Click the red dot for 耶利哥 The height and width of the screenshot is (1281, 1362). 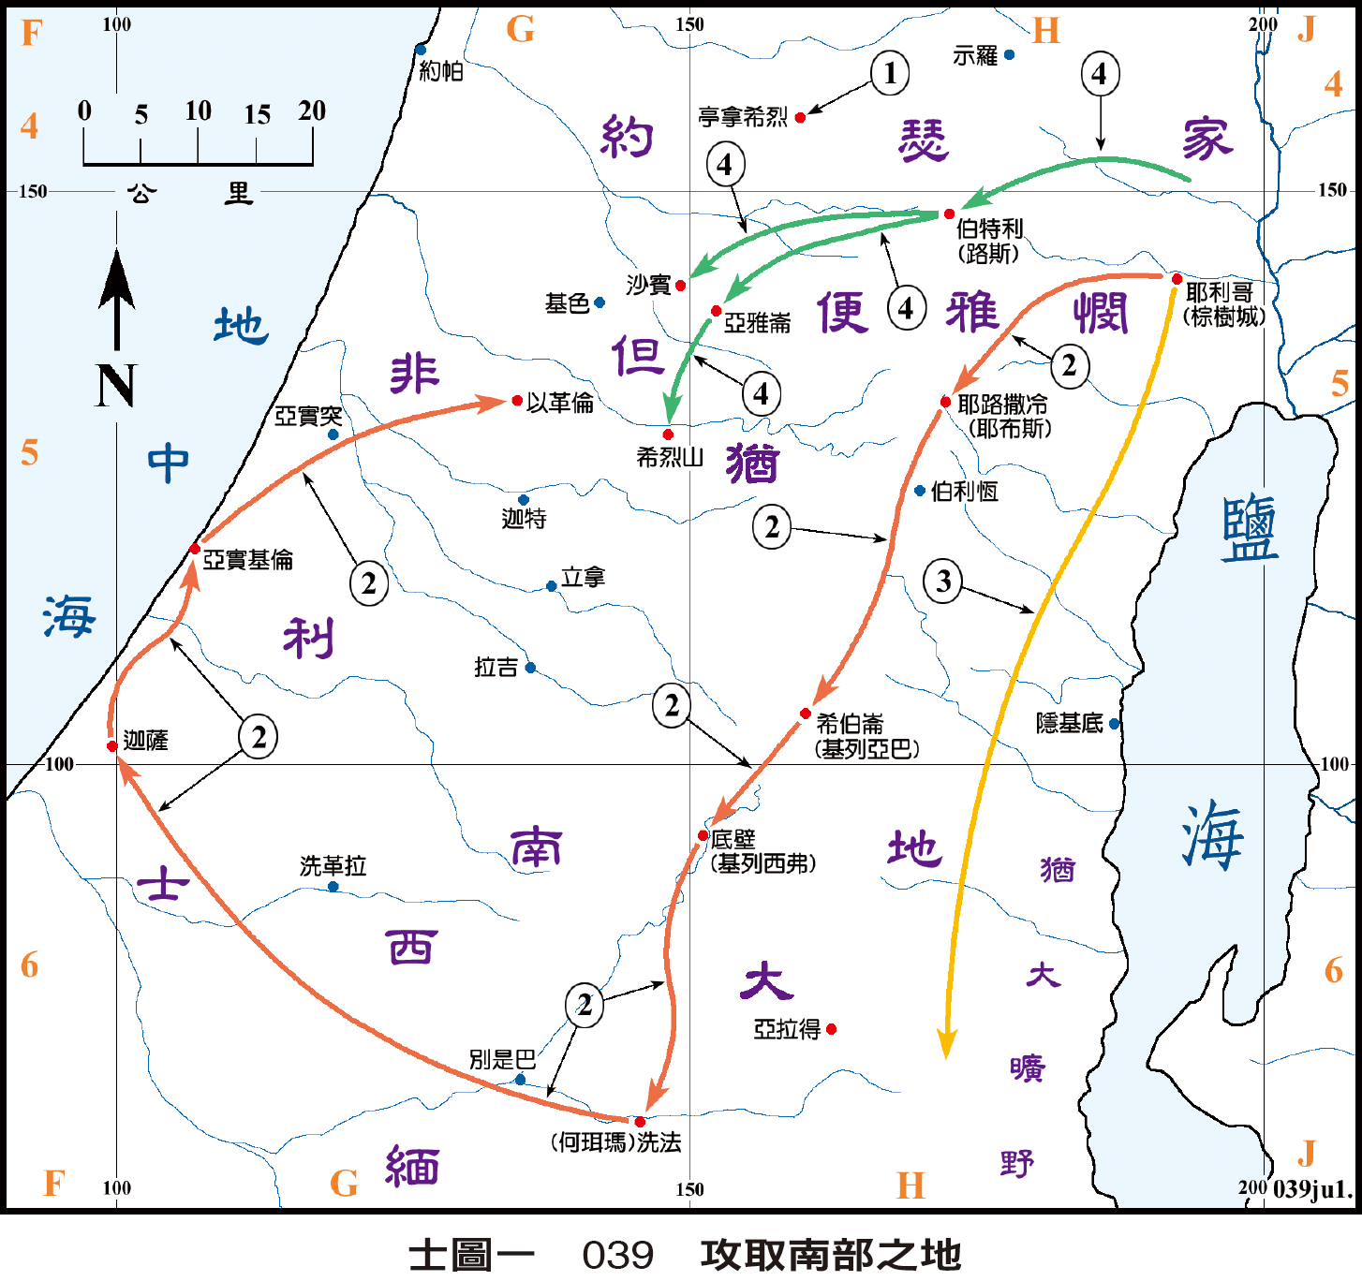pos(1177,279)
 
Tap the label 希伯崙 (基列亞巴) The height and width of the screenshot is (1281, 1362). pos(866,736)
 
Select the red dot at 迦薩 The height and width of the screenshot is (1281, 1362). pos(112,746)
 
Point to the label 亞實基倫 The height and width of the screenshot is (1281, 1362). pos(248,560)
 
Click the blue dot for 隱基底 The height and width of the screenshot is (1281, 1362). pos(1114,724)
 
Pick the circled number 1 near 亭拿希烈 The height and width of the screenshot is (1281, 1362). pos(890,73)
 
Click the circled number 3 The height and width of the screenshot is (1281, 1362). pos(943,582)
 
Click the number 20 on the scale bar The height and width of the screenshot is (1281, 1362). pos(312,111)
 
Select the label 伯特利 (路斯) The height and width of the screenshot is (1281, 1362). pos(989,241)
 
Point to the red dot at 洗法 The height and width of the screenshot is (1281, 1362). pos(640,1122)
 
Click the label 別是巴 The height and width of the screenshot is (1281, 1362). pos(502,1059)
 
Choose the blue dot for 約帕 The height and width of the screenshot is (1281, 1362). pos(421,51)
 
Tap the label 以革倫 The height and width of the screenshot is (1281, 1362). pos(560,403)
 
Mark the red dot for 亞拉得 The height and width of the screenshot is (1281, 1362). pos(831,1029)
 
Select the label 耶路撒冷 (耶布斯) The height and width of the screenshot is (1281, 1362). pos(1003,417)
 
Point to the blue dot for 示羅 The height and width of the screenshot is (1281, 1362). pos(1009,55)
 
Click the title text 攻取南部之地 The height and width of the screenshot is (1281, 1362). pos(831,1255)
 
